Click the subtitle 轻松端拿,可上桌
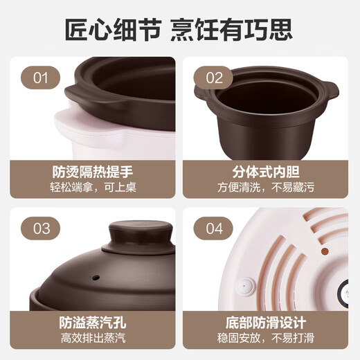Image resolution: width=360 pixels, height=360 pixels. pyautogui.click(x=91, y=187)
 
